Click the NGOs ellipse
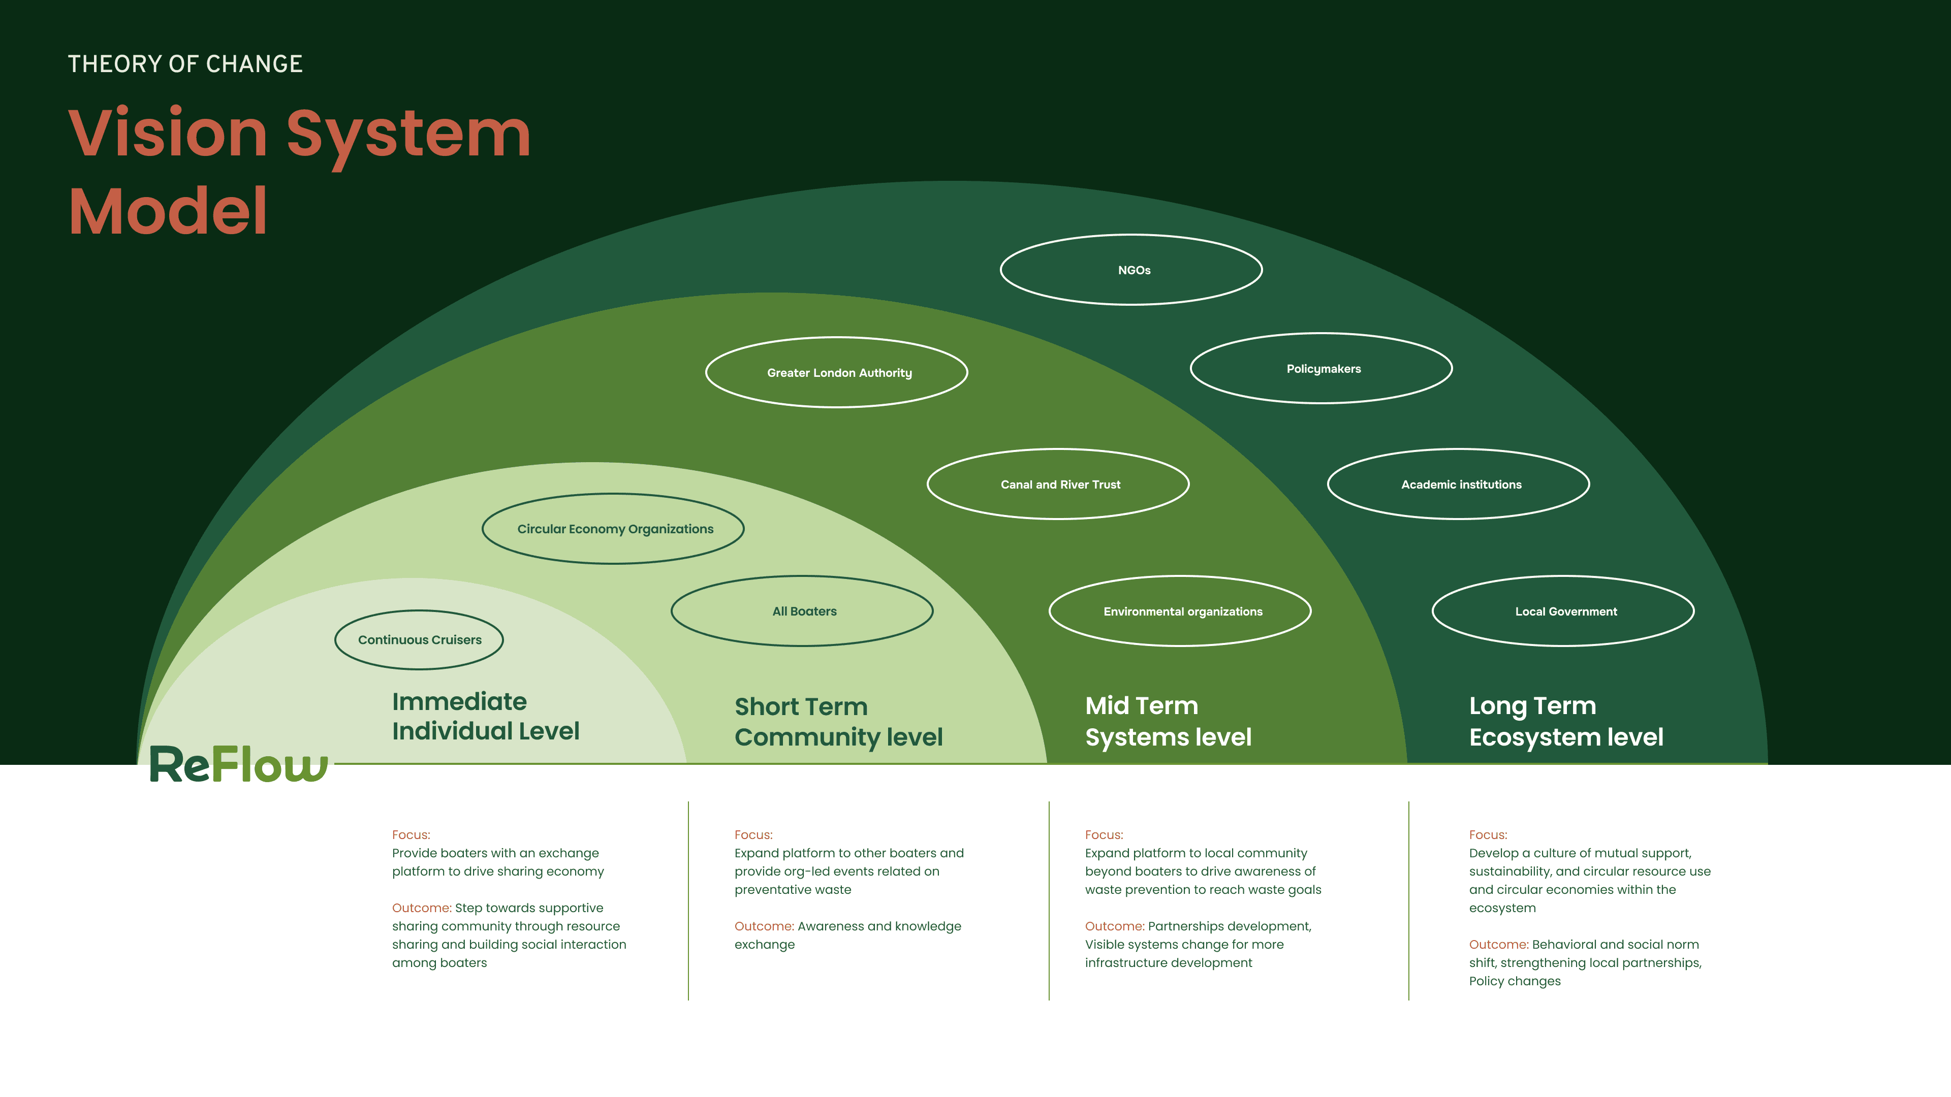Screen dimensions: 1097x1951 (x=1131, y=270)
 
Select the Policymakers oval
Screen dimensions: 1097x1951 (x=1321, y=369)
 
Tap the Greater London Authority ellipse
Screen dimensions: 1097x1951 (x=837, y=372)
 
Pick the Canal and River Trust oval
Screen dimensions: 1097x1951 (x=1058, y=485)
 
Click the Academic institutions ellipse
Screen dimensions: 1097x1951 (x=1459, y=485)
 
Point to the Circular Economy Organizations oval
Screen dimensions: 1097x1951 (x=613, y=528)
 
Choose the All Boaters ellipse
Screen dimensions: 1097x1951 (x=802, y=611)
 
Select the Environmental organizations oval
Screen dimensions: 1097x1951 (x=1180, y=611)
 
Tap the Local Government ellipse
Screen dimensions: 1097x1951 (x=1563, y=611)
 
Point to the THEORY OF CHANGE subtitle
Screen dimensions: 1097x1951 (x=185, y=64)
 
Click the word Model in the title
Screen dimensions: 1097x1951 (x=168, y=211)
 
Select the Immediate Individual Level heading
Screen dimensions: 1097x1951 (x=486, y=716)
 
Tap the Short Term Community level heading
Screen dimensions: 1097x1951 (x=838, y=722)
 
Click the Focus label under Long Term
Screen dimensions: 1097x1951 (x=1488, y=834)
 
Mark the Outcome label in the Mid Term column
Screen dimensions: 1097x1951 (x=1114, y=926)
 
